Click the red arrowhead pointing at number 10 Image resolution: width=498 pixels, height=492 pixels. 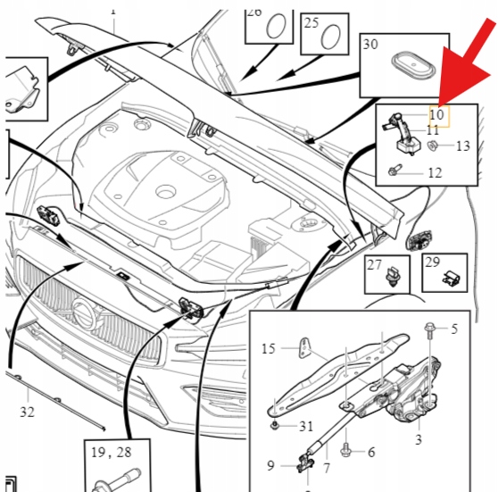coord(461,76)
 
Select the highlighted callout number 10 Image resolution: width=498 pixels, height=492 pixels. coord(436,114)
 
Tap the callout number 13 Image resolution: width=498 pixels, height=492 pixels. coord(462,146)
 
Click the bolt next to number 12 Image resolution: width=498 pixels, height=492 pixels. coord(395,170)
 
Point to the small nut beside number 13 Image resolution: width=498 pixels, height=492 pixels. coord(433,146)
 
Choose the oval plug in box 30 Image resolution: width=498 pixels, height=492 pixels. coord(413,66)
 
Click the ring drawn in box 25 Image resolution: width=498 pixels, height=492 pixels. coord(331,38)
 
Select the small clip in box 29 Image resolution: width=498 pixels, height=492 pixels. coord(451,278)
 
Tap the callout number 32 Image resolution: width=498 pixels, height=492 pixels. coord(27,412)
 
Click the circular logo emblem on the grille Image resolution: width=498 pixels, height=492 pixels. coord(84,314)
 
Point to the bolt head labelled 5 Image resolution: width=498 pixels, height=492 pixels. coord(429,327)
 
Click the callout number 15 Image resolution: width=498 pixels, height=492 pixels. coord(269,348)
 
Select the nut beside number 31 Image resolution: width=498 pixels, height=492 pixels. coord(275,425)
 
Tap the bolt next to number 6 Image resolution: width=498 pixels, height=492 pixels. coord(346,451)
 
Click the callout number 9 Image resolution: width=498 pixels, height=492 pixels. coord(270,465)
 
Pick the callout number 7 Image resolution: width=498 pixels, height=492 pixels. coord(327,468)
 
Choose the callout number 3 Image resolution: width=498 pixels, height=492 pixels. coord(419,439)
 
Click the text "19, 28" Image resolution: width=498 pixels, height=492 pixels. coord(112,453)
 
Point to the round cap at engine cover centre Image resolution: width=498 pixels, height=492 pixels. coord(166,192)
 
